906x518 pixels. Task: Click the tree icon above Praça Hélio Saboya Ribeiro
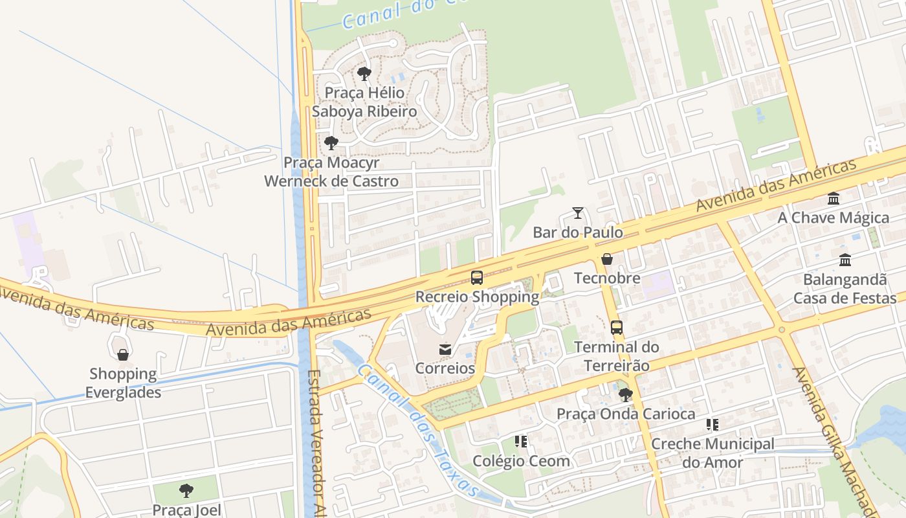pyautogui.click(x=364, y=74)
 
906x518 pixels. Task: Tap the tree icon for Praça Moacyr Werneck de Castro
pyautogui.click(x=331, y=143)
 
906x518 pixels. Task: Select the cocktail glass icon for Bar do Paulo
pyautogui.click(x=578, y=213)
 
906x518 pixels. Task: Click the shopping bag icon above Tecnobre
pyautogui.click(x=607, y=260)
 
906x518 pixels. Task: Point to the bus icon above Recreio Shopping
pyautogui.click(x=477, y=278)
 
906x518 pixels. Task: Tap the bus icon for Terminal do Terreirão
pyautogui.click(x=617, y=328)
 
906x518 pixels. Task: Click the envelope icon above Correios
pyautogui.click(x=445, y=350)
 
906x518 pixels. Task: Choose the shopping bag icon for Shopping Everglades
pyautogui.click(x=123, y=355)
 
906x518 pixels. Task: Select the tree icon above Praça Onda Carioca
pyautogui.click(x=625, y=395)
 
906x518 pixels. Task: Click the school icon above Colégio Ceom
pyautogui.click(x=521, y=442)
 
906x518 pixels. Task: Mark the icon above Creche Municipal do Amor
pyautogui.click(x=713, y=425)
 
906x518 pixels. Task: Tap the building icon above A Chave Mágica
pyautogui.click(x=834, y=199)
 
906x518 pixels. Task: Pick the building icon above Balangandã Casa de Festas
pyautogui.click(x=845, y=260)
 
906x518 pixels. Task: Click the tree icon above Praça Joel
pyautogui.click(x=186, y=491)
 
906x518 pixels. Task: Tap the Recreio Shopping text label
pyautogui.click(x=477, y=297)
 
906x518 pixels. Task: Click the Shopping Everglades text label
pyautogui.click(x=123, y=383)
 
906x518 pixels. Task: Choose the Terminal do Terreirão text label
pyautogui.click(x=617, y=356)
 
